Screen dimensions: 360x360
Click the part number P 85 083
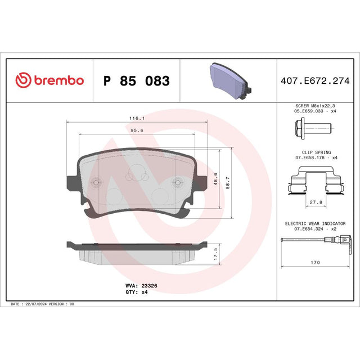point(137,81)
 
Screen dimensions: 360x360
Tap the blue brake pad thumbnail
point(230,80)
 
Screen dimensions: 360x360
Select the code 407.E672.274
point(315,81)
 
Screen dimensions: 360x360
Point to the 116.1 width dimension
point(137,118)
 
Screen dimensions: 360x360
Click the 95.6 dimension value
point(137,130)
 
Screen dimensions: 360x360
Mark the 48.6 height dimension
point(215,179)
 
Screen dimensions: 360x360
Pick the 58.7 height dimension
point(227,182)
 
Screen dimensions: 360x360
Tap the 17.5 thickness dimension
point(215,254)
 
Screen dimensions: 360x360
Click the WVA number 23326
point(149,286)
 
